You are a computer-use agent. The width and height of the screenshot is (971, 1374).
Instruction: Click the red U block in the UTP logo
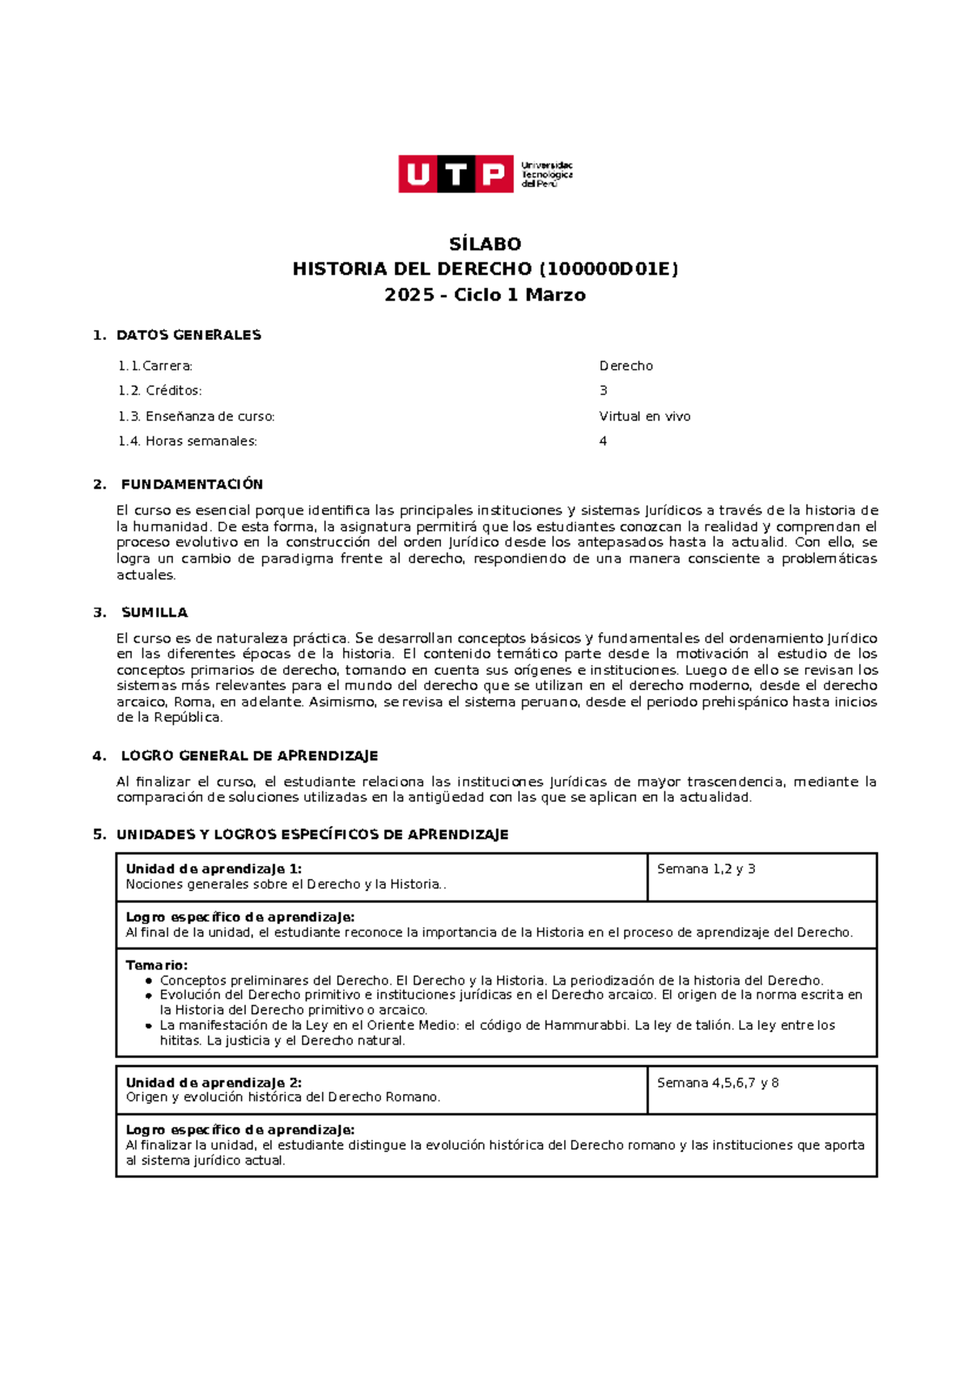[418, 174]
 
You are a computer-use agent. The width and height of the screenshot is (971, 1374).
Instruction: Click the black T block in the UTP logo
[456, 174]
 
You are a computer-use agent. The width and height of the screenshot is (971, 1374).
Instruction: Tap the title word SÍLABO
[485, 244]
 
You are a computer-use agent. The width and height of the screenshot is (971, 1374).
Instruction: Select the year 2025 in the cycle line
[409, 295]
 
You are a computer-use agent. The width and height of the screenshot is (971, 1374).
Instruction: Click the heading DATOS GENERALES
[189, 335]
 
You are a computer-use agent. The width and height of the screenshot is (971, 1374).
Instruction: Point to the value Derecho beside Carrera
[625, 366]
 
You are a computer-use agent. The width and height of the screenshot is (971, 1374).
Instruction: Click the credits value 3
[603, 391]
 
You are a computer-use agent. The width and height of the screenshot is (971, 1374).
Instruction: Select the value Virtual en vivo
[644, 417]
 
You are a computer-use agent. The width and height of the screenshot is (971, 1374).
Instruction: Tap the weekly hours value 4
[603, 441]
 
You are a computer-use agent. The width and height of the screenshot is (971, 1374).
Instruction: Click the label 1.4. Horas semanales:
[188, 441]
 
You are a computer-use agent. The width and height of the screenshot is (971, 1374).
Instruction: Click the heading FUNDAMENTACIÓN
[192, 484]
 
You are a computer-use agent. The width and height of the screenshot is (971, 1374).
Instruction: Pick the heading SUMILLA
[154, 613]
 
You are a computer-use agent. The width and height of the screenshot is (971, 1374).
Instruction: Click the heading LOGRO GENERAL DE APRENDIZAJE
[249, 756]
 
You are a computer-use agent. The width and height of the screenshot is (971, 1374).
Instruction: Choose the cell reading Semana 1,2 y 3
[706, 869]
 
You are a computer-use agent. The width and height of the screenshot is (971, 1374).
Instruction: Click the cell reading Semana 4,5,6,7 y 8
[717, 1083]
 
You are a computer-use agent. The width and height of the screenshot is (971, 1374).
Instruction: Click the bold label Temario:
[156, 965]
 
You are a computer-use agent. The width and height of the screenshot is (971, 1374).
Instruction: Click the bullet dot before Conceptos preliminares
[149, 981]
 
